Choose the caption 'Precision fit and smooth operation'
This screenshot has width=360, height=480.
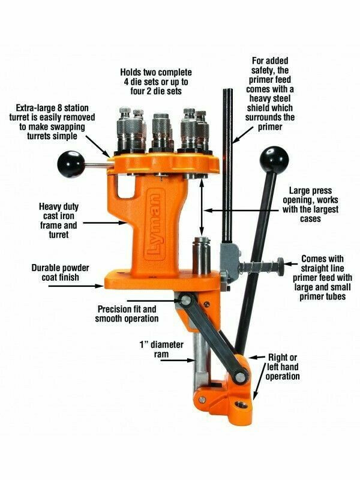pyautogui.click(x=127, y=314)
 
